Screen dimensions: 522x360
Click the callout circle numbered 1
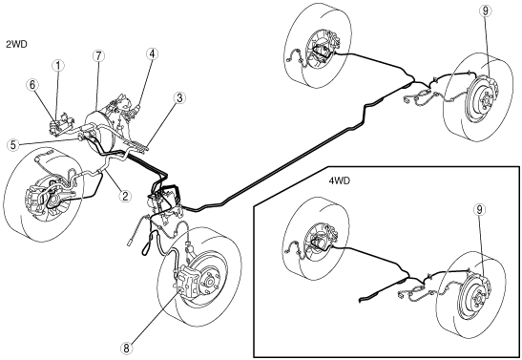click(58, 66)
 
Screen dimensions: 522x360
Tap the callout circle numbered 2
click(125, 196)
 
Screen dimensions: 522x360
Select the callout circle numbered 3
click(179, 98)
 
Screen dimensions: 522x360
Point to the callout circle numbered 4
click(152, 53)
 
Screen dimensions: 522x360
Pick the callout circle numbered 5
click(13, 145)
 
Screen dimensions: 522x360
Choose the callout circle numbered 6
click(32, 85)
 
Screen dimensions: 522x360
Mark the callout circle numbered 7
click(98, 56)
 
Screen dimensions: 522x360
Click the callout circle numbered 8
click(126, 349)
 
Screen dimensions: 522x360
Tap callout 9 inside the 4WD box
click(479, 210)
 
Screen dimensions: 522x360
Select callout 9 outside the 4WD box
click(486, 11)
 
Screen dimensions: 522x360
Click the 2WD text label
click(16, 44)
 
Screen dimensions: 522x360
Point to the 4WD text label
click(340, 180)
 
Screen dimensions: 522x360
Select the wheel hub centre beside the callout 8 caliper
click(210, 282)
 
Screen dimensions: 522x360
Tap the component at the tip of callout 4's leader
click(135, 110)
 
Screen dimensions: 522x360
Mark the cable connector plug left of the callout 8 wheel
click(131, 243)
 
